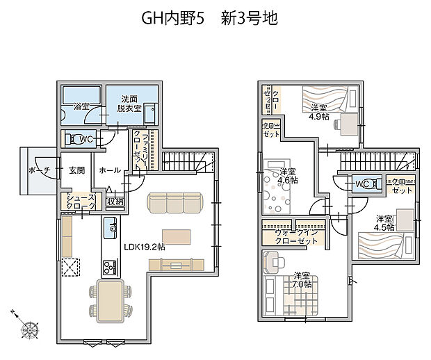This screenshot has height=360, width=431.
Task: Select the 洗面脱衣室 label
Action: (129, 104)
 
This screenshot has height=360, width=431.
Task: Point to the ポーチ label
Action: (39, 170)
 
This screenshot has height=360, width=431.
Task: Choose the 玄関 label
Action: (76, 170)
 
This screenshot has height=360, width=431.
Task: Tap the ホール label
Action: (110, 170)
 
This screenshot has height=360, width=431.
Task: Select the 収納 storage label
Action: (115, 202)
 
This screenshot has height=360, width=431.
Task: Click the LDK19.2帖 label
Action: (145, 247)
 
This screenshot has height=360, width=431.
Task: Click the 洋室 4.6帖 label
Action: (288, 175)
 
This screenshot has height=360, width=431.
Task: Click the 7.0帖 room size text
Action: (302, 284)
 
